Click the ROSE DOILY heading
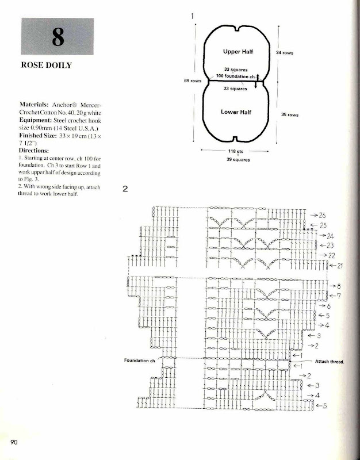pyautogui.click(x=46, y=65)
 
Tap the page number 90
pyautogui.click(x=14, y=442)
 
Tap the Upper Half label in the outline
pyautogui.click(x=238, y=52)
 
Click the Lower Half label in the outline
pyautogui.click(x=236, y=112)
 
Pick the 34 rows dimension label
pyautogui.click(x=285, y=53)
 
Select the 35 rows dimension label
pyautogui.click(x=289, y=115)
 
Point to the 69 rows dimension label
pyautogui.click(x=192, y=81)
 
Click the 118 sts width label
pyautogui.click(x=236, y=152)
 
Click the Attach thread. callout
pyautogui.click(x=330, y=362)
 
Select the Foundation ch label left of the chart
pyautogui.click(x=140, y=361)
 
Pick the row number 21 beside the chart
pyautogui.click(x=339, y=266)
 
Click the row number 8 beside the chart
pyautogui.click(x=339, y=286)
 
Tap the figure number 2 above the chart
pyautogui.click(x=125, y=188)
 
